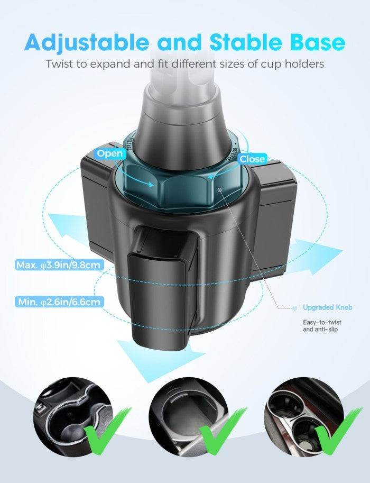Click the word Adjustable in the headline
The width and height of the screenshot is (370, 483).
click(x=87, y=42)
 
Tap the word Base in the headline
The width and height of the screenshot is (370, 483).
click(x=317, y=42)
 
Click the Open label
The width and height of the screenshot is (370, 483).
click(x=110, y=153)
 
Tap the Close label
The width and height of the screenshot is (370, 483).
click(x=252, y=159)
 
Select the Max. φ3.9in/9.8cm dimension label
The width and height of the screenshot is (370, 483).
click(x=58, y=265)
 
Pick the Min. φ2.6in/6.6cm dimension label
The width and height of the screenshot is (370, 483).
click(x=59, y=302)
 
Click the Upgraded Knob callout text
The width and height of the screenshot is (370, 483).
click(x=328, y=307)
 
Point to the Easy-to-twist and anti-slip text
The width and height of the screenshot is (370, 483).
click(x=322, y=326)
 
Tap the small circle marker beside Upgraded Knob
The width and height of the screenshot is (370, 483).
click(x=294, y=308)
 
